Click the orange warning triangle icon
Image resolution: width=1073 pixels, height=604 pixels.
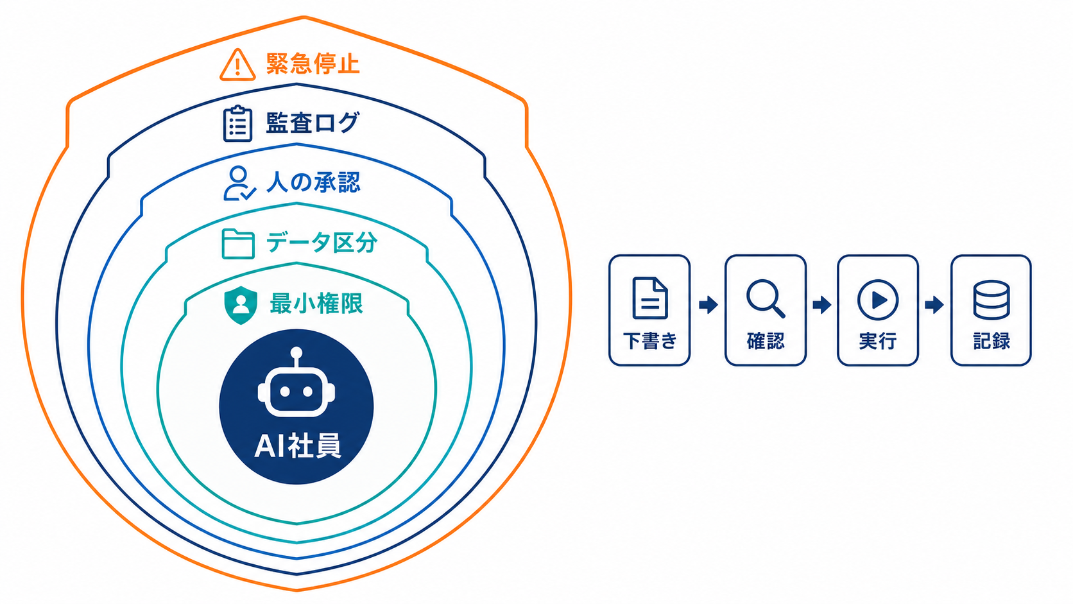point(237,65)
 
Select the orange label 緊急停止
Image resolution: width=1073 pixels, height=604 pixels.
point(313,64)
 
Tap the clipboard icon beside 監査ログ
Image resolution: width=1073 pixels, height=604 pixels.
point(237,124)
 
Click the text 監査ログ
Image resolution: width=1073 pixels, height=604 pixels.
point(313,123)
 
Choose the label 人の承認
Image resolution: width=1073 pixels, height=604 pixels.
point(313,182)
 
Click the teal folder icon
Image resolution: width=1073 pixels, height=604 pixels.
point(238,244)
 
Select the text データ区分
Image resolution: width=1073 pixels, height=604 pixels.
point(322,243)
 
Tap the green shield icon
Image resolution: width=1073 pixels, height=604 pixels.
point(241,305)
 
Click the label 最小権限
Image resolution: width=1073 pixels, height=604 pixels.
point(316,304)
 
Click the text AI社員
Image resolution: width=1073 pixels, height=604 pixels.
point(298,445)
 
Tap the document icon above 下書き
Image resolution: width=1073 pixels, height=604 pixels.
point(650,298)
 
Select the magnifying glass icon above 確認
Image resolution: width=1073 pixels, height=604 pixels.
point(766,298)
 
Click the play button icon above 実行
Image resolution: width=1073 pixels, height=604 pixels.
point(877,300)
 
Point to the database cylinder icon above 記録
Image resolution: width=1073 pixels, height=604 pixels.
point(991,300)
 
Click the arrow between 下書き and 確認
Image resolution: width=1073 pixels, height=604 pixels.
point(708,305)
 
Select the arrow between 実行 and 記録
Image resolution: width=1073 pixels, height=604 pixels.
point(934,305)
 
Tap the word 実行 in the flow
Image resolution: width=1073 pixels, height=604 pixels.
point(877,341)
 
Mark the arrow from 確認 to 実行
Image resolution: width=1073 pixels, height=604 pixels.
point(822,305)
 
